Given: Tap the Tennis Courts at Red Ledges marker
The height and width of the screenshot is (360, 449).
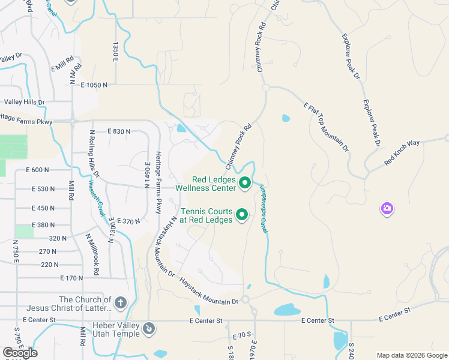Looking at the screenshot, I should coord(242,214).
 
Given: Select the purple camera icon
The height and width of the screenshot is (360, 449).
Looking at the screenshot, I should coord(387,209).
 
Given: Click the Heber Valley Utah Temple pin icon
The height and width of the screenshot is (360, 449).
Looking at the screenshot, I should coord(149,329).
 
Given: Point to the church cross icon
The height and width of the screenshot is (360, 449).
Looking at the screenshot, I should coord(120,302).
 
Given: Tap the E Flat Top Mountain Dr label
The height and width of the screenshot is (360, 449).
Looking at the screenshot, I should coord(325,126).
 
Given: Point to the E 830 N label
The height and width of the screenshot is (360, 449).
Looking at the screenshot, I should coord(119,131).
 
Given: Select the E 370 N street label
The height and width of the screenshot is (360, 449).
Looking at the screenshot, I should coord(129,221).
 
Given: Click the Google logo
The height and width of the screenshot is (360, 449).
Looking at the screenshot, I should coord(20,353).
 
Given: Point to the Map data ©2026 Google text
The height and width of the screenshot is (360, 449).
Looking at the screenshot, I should coord(412,355).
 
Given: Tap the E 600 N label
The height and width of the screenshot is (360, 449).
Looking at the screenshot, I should coord(37,170).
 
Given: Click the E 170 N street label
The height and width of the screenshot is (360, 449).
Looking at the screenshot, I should coord(72,278).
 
